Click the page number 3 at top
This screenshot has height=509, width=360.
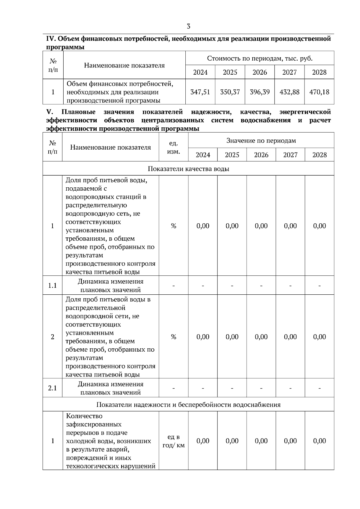[x=188, y=26]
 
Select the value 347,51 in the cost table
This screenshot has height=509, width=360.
[x=200, y=92]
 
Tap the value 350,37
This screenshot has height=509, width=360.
[x=230, y=92]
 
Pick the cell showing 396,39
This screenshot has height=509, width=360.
[x=260, y=92]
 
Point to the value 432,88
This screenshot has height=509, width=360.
[x=289, y=92]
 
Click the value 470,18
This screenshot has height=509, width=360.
[x=319, y=92]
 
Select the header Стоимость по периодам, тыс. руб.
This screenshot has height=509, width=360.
[x=260, y=58]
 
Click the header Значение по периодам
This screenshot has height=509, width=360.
[x=261, y=141]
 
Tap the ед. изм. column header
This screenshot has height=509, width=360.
[x=173, y=147]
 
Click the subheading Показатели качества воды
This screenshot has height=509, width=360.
[x=188, y=169]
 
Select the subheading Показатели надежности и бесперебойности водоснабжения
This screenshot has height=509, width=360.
[x=188, y=405]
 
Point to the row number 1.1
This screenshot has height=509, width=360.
[x=52, y=285]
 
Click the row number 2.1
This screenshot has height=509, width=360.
[x=52, y=388]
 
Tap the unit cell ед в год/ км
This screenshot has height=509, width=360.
[x=173, y=441]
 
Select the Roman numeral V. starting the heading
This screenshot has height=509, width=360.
[x=49, y=112]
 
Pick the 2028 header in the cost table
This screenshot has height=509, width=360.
[x=319, y=72]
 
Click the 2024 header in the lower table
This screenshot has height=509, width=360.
[x=203, y=155]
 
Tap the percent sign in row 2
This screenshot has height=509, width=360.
[x=173, y=337]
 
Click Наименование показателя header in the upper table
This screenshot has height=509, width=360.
[x=124, y=65]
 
